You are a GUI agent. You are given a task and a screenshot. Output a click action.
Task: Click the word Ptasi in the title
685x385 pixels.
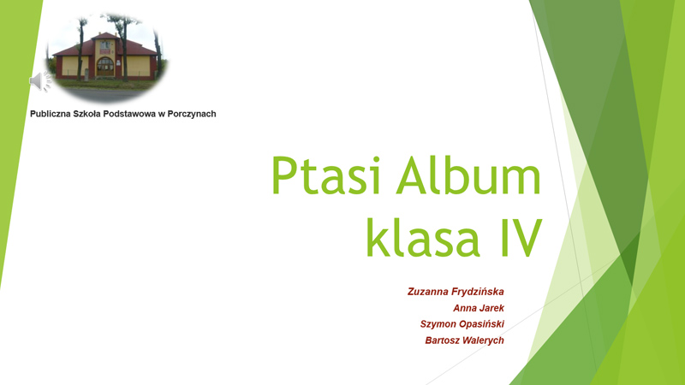pyautogui.click(x=325, y=175)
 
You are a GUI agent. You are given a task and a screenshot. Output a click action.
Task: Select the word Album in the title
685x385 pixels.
pyautogui.click(x=468, y=174)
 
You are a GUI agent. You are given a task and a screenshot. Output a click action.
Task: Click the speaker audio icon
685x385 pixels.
pyautogui.click(x=40, y=81)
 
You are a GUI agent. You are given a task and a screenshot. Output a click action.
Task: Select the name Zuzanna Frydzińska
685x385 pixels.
pyautogui.click(x=456, y=292)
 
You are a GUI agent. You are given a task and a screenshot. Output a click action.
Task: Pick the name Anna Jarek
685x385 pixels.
pyautogui.click(x=479, y=308)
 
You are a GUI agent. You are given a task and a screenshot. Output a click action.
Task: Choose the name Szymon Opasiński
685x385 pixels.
pyautogui.click(x=462, y=324)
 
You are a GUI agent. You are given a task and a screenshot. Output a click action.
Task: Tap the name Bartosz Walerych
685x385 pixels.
pyautogui.click(x=464, y=341)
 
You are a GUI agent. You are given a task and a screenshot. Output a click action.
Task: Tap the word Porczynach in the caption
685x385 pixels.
pyautogui.click(x=192, y=114)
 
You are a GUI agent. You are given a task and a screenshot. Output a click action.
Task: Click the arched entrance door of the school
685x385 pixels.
pyautogui.click(x=104, y=67)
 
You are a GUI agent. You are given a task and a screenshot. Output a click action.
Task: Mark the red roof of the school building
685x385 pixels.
pyautogui.click(x=104, y=46)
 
